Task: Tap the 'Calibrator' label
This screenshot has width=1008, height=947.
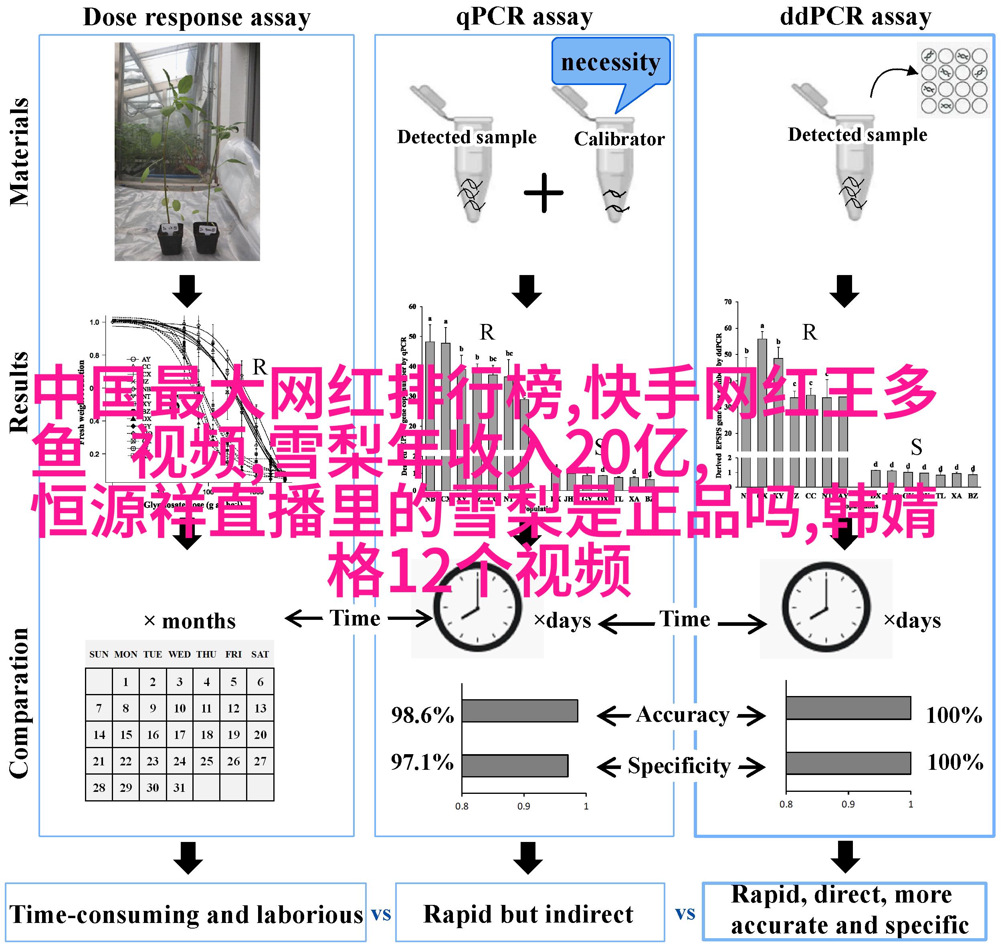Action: (x=619, y=139)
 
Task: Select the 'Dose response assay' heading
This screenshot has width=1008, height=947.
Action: (x=197, y=17)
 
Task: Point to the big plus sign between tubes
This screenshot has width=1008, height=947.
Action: (x=543, y=193)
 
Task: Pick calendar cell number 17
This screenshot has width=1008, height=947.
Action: (x=180, y=735)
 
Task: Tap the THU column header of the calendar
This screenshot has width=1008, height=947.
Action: (x=206, y=654)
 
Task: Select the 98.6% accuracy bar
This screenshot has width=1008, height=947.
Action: (x=520, y=710)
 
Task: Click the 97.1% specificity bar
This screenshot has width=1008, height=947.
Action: (x=515, y=765)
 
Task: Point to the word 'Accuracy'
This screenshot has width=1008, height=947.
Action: (x=683, y=714)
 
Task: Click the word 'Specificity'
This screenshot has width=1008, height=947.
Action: (x=679, y=766)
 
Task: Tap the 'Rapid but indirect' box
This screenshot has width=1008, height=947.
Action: (x=529, y=914)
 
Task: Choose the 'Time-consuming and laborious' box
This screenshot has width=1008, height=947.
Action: (x=186, y=915)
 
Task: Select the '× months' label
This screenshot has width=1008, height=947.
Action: (x=190, y=621)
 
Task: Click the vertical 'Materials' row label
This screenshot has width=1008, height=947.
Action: (x=19, y=152)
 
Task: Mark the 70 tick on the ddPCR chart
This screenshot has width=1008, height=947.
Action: (x=728, y=302)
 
